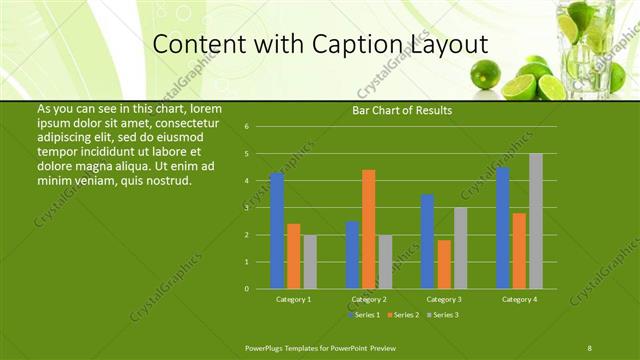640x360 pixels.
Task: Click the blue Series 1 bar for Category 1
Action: tap(277, 231)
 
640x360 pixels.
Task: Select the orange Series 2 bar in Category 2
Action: tap(369, 229)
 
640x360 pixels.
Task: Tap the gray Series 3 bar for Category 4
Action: tap(536, 221)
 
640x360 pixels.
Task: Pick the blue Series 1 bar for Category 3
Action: tap(427, 241)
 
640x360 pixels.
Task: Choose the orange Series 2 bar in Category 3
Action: tap(444, 264)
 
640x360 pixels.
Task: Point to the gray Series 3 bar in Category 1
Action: tap(310, 262)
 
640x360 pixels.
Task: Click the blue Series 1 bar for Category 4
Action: tap(503, 228)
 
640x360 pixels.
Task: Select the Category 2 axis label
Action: tap(369, 299)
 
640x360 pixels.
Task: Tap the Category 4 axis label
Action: tap(519, 299)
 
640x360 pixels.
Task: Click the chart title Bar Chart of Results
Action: tap(402, 110)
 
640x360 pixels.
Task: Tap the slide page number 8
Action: tap(589, 347)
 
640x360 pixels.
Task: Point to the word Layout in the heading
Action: tap(443, 45)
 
